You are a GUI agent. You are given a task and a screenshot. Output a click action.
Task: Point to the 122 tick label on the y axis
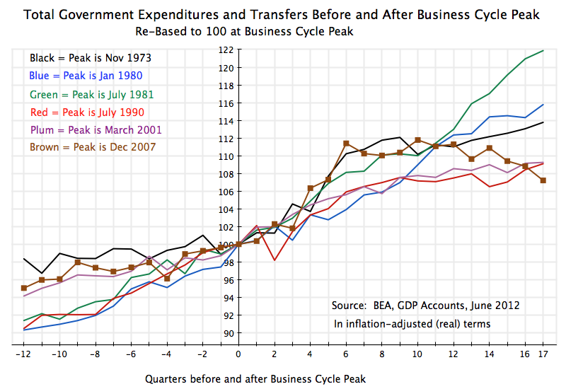tap(226, 50)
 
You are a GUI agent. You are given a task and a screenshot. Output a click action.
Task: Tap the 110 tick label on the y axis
tap(226, 156)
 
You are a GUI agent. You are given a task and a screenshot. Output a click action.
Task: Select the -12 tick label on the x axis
tap(24, 353)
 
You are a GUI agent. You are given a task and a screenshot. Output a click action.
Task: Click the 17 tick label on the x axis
tap(543, 353)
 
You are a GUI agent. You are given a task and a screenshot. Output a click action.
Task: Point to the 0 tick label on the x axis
tap(238, 353)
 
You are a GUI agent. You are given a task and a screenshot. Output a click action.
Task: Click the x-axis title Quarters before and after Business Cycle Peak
tap(255, 378)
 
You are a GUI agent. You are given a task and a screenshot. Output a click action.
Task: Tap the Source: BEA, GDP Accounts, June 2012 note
tap(425, 306)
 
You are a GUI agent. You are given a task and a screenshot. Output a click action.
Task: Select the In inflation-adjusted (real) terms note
tap(412, 324)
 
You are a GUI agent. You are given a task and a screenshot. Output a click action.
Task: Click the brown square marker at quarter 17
tap(543, 180)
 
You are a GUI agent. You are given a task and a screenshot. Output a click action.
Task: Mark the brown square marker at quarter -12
tap(24, 288)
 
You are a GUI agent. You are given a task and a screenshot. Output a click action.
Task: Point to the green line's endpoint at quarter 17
tap(543, 51)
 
